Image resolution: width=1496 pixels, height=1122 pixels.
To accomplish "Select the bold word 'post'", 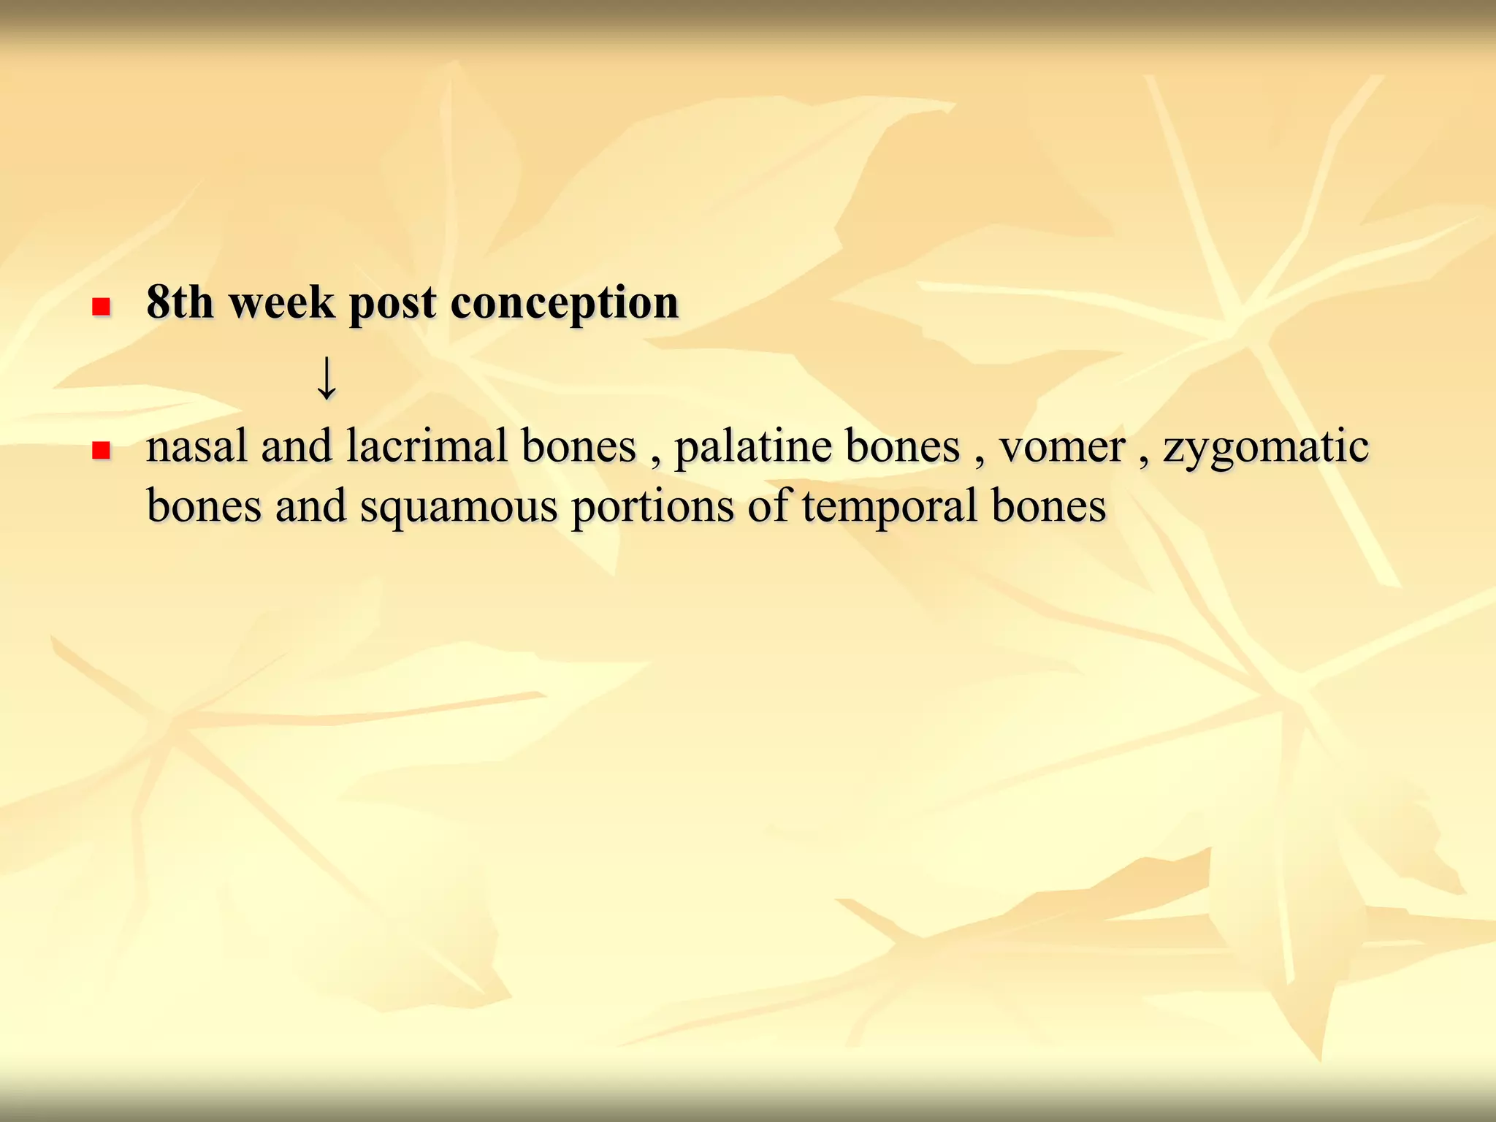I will tap(393, 302).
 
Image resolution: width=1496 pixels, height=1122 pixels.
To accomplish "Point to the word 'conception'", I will tap(565, 302).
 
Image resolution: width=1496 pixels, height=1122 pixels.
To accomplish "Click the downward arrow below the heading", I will tap(327, 378).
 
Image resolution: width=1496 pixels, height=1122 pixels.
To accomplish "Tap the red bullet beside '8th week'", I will tap(101, 306).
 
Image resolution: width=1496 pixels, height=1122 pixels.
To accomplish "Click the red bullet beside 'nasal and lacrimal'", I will tap(101, 450).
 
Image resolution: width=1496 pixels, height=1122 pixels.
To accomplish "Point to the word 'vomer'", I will tap(1061, 447).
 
